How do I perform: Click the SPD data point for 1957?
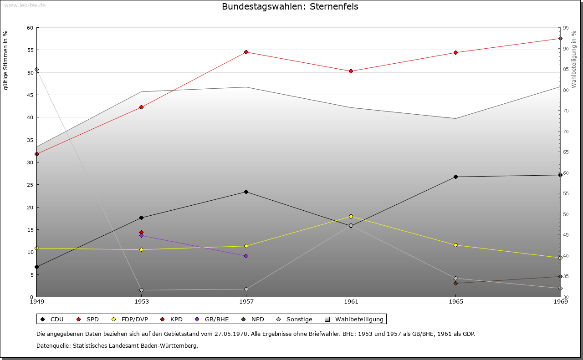[246, 52]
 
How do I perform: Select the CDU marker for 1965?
[455, 177]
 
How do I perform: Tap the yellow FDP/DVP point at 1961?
[351, 216]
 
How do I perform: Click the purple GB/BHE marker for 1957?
[246, 256]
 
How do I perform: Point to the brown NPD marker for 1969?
[560, 276]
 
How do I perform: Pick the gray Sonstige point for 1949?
[36, 70]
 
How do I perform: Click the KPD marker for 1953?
[141, 232]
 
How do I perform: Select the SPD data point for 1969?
[560, 38]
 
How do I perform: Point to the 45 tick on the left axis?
[30, 95]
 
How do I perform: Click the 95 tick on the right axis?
[565, 28]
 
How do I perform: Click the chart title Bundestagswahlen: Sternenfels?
[290, 7]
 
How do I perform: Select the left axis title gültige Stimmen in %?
[6, 60]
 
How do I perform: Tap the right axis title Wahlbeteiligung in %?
[574, 59]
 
